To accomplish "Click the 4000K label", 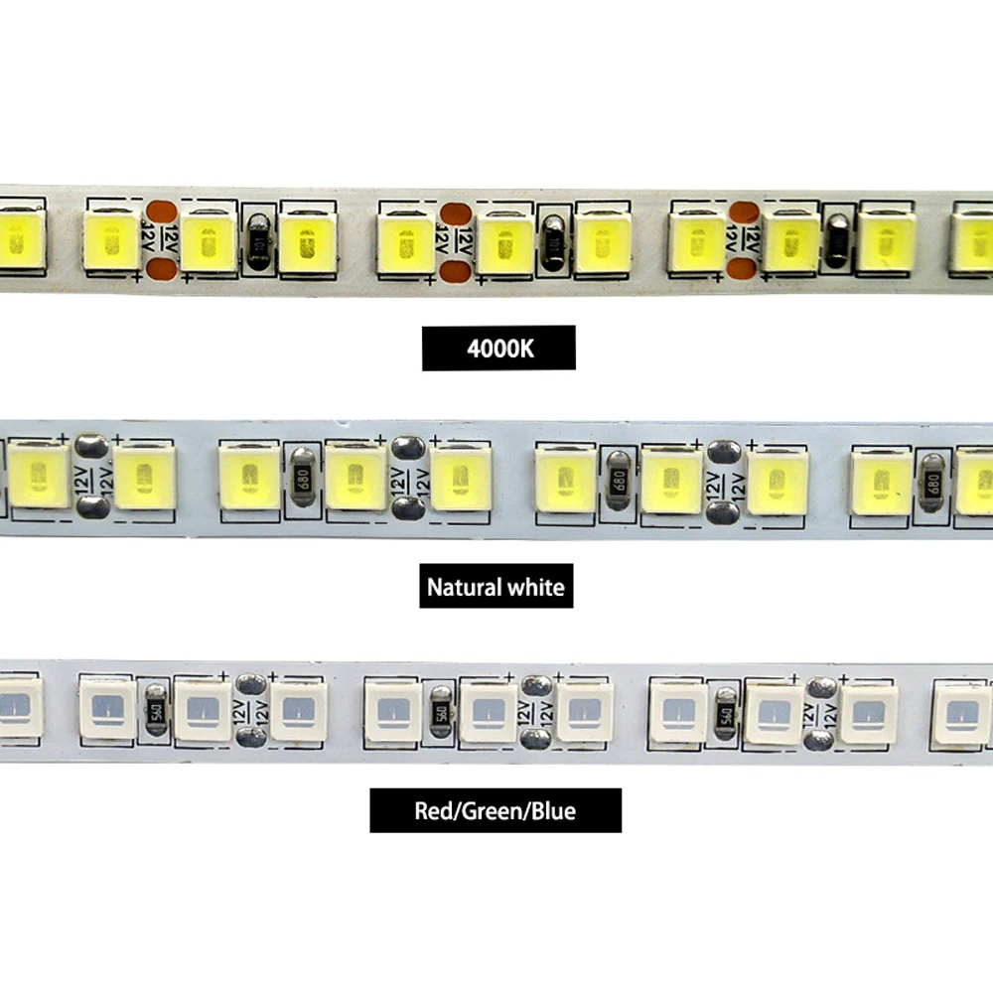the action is [498, 349].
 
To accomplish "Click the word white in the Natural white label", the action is [537, 587].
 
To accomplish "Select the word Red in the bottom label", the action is [433, 811].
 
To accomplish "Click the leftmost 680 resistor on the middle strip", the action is [302, 478].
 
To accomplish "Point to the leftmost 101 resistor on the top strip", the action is [258, 242].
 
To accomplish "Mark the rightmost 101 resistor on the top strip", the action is [839, 242].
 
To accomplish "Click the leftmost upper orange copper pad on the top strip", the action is [161, 212].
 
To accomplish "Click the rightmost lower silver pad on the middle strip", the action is [723, 512].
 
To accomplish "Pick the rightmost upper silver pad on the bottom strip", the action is [820, 687].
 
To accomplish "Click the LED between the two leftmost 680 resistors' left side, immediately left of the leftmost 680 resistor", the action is [249, 478].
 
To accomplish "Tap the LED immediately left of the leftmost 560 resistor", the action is [105, 709].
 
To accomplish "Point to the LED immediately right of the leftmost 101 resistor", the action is [307, 241].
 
